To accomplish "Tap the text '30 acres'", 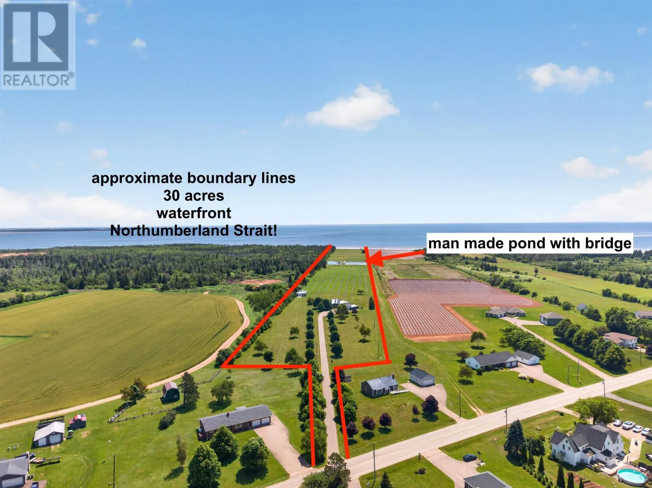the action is coord(194,196).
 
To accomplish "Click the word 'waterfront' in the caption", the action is coord(194,213).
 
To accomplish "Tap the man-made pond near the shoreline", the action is coord(346,263).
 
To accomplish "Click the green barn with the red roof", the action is coord(171,391).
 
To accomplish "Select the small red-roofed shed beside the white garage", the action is coord(77,422).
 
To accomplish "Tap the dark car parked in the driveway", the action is coord(469,458).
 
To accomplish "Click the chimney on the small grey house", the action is coord(393,376).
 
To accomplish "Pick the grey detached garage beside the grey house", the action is coord(422,377).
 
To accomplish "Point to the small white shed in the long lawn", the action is coord(302,293).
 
